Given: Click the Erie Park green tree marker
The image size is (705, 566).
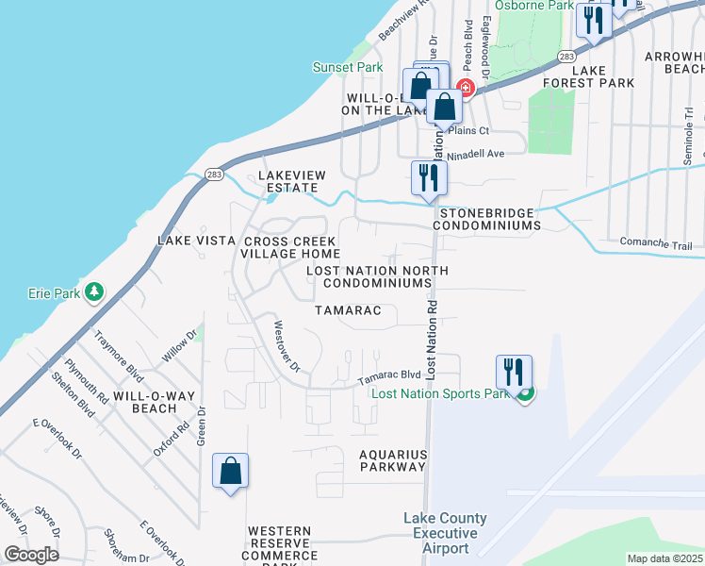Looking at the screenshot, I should (x=93, y=292).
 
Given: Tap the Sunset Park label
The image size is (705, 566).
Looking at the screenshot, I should (x=348, y=67).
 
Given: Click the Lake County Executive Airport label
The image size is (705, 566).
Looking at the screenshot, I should (x=445, y=533).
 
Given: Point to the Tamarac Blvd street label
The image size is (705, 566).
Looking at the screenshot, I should (x=387, y=376).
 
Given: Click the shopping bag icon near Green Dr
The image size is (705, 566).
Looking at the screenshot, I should (x=231, y=472).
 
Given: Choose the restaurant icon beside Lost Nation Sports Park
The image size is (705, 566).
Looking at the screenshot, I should (x=514, y=372).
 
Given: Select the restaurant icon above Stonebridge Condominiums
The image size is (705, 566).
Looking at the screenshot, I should (x=429, y=177).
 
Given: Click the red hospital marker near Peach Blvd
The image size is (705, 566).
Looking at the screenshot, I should (x=465, y=89).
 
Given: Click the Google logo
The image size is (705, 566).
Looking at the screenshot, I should (x=32, y=555).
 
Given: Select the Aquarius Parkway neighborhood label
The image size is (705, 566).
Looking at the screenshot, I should (x=393, y=460).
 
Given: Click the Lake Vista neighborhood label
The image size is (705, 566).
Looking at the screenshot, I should (x=196, y=241).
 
